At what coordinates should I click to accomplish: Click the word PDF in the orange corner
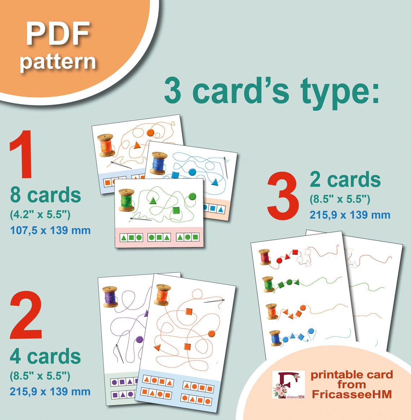[58, 34]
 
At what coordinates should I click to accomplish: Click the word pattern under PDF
[58, 62]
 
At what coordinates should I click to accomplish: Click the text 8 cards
[45, 195]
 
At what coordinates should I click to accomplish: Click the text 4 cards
[45, 356]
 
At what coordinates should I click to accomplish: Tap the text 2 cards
[345, 179]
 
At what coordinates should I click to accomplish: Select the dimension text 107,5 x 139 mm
[50, 230]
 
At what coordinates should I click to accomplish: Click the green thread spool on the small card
[127, 200]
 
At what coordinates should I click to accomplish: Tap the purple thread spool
[110, 297]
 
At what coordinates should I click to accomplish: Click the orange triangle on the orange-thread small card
[137, 146]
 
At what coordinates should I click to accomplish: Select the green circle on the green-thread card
[192, 196]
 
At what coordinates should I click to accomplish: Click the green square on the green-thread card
[176, 210]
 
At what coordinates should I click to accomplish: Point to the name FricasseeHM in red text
[352, 394]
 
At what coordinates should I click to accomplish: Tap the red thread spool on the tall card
[265, 257]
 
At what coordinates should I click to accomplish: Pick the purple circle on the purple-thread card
[139, 339]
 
